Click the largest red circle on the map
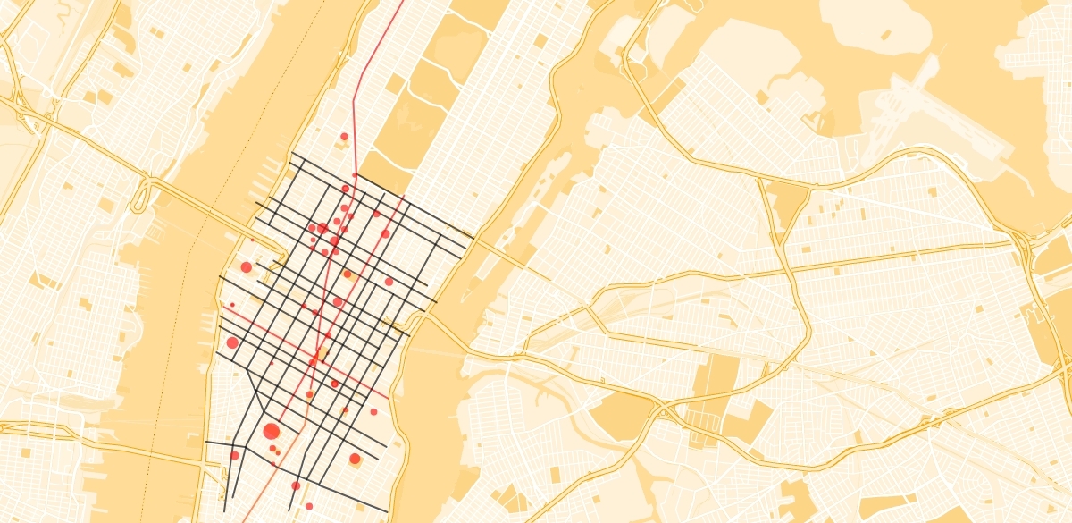(272, 432)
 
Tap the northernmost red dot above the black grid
(344, 137)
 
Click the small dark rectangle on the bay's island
(885, 35)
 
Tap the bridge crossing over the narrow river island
(500, 249)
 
